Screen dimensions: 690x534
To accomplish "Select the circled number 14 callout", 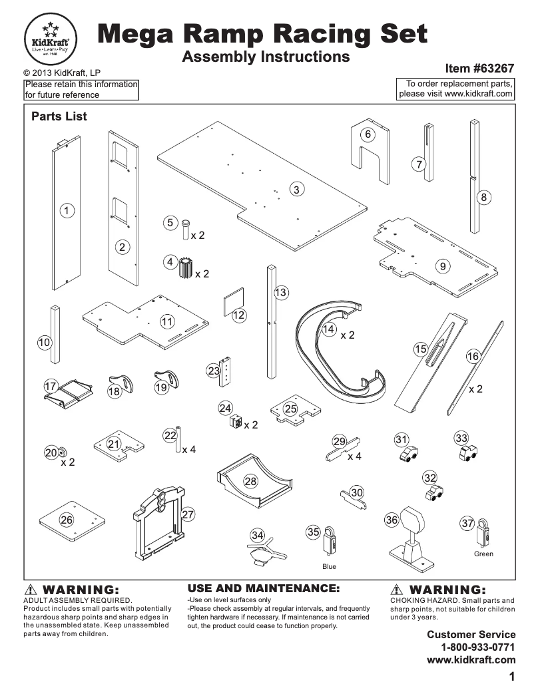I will coord(328,329).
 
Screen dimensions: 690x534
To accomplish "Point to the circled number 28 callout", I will coord(250,480).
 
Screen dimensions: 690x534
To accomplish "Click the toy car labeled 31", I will coord(409,453).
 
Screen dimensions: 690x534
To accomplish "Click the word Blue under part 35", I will coord(329,567).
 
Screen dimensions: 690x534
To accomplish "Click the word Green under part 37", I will coord(483,554).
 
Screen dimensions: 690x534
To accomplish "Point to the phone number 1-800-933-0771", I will coord(478,647).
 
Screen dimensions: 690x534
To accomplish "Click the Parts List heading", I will coord(59,116).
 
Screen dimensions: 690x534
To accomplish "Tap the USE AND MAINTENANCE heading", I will coord(264,588).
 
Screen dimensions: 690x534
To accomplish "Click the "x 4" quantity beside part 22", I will coord(189,450).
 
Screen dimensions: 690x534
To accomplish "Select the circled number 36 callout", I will coord(392,521).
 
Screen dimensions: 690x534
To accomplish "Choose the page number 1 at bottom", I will coord(512,677).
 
